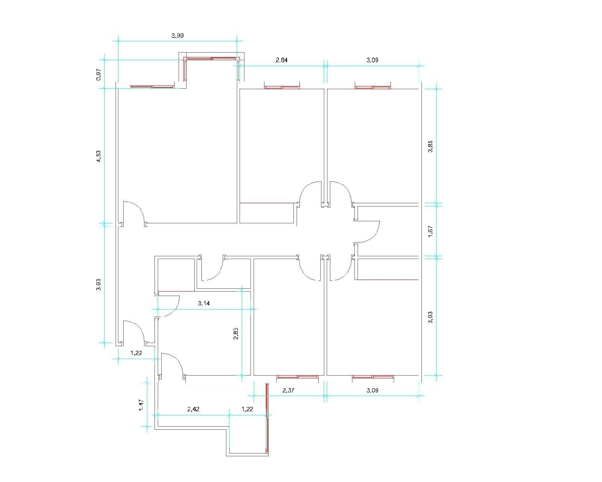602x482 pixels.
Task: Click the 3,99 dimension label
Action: pyautogui.click(x=177, y=36)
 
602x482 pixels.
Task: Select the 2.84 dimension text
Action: pyautogui.click(x=281, y=60)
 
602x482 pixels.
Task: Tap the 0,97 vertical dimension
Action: pyautogui.click(x=98, y=74)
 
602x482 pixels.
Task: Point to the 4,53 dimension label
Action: pyautogui.click(x=98, y=156)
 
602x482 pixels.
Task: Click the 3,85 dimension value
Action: pyautogui.click(x=430, y=146)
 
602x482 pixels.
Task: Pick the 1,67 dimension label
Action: pyautogui.click(x=430, y=232)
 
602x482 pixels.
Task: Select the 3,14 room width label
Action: pyautogui.click(x=203, y=303)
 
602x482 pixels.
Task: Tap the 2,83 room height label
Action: pyautogui.click(x=236, y=333)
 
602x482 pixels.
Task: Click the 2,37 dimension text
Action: pyautogui.click(x=288, y=390)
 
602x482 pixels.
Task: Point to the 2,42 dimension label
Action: pyautogui.click(x=193, y=409)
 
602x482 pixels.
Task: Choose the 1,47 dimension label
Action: pyautogui.click(x=141, y=405)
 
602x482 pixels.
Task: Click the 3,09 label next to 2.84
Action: pyautogui.click(x=372, y=60)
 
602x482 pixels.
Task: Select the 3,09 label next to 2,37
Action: pyautogui.click(x=372, y=390)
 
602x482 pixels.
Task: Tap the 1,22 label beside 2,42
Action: pyautogui.click(x=247, y=409)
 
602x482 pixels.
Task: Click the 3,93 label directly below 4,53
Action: pyautogui.click(x=98, y=284)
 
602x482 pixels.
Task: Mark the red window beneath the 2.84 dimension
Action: pyautogui.click(x=282, y=88)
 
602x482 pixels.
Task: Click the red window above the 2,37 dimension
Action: pyautogui.click(x=297, y=377)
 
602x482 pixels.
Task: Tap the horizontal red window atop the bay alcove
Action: pyautogui.click(x=212, y=59)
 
